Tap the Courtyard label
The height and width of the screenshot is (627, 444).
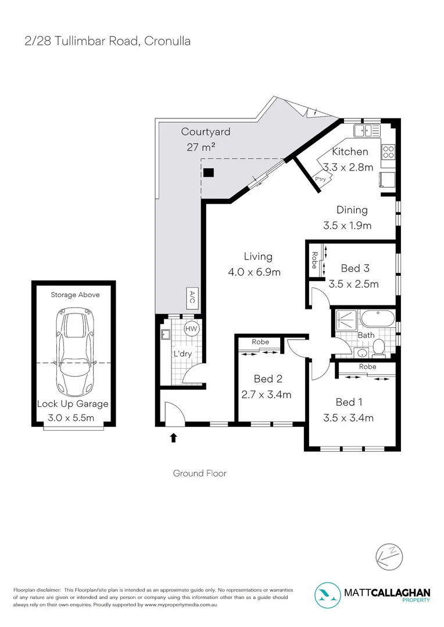pos(205,132)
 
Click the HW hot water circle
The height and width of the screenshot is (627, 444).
pos(191,329)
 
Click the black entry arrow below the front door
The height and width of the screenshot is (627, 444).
pos(173,437)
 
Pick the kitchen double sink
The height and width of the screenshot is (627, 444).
pos(368,130)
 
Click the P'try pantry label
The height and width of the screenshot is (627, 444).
pos(320,179)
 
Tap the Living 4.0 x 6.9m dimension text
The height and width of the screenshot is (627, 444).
pos(257,272)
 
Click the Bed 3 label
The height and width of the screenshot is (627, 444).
pos(355,268)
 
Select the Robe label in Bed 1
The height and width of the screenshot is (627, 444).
pos(367,367)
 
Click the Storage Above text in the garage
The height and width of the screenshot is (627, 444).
pos(75,295)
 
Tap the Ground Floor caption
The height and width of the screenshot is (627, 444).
pos(199,473)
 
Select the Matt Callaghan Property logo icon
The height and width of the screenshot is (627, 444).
pos(329,594)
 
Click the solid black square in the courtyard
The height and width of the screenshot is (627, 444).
pos(209,172)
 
